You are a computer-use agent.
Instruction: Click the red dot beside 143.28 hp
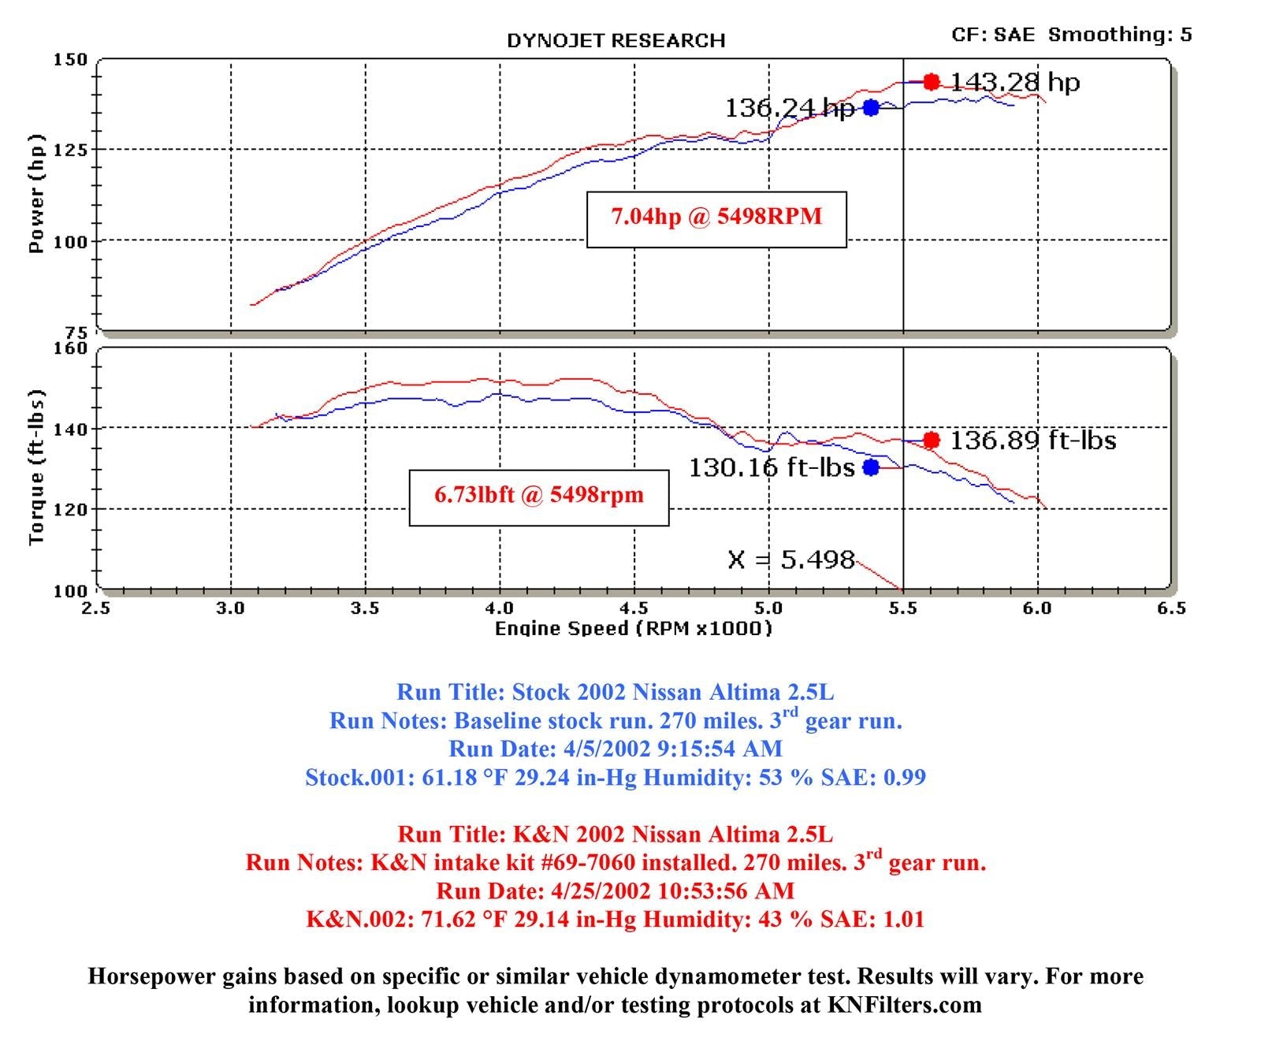click(932, 82)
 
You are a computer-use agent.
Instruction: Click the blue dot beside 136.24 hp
click(871, 108)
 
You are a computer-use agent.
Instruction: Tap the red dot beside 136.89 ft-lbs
click(932, 441)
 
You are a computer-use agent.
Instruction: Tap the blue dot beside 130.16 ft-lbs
click(871, 467)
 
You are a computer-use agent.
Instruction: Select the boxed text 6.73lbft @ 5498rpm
click(539, 496)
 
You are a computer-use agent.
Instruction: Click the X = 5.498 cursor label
click(790, 560)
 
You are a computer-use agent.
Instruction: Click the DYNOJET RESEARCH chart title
click(616, 41)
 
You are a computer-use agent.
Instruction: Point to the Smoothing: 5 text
click(1120, 35)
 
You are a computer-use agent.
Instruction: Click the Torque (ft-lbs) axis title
click(36, 467)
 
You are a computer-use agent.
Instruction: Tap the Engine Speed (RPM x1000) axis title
click(633, 629)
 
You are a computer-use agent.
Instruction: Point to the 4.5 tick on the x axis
click(634, 608)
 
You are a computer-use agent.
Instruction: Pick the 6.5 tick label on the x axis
click(1171, 608)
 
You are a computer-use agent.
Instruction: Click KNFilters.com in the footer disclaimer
click(904, 1006)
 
